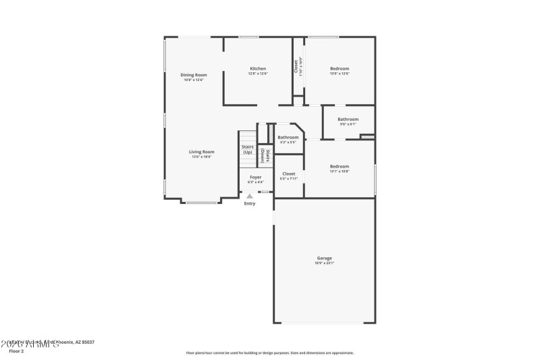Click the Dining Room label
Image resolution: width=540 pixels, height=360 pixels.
[193, 75]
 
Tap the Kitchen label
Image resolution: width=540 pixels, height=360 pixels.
[258, 69]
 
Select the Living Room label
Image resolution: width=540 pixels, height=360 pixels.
[201, 152]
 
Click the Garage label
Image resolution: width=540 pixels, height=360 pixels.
[324, 258]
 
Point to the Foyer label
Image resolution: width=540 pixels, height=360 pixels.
[256, 177]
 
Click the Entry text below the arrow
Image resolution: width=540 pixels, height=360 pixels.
[250, 203]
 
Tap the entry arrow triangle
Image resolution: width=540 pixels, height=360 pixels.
[250, 196]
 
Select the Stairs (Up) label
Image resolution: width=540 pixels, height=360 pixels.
[248, 149]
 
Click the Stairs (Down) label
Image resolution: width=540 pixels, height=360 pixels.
[267, 157]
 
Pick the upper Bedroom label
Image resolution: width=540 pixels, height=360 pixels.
[340, 69]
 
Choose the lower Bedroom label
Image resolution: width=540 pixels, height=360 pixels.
[339, 166]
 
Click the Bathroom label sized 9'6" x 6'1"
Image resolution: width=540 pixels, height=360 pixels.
[348, 120]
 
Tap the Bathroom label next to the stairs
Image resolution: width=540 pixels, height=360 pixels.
[288, 137]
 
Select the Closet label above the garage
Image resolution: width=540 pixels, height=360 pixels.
[288, 174]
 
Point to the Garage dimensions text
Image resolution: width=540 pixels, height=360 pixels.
[324, 263]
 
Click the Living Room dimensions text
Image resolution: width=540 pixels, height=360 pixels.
[201, 157]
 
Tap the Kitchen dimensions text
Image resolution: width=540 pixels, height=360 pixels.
[258, 74]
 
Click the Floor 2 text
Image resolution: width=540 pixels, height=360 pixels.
[16, 351]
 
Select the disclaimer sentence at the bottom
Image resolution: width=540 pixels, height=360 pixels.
[269, 353]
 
